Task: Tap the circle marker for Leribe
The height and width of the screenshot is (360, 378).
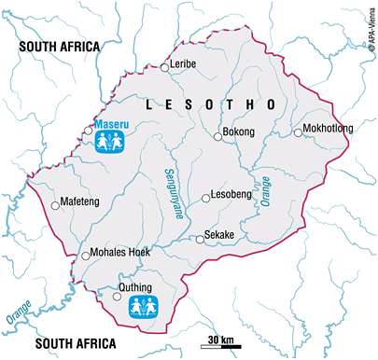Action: pos(167,65)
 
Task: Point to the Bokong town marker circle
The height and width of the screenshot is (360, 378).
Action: pos(217,136)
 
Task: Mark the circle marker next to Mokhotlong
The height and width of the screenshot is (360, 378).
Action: pos(298,132)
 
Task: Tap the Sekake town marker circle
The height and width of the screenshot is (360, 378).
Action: pos(199,240)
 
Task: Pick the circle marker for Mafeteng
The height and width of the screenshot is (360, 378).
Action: pos(55,202)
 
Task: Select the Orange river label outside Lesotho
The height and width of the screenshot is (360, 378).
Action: pos(21,311)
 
